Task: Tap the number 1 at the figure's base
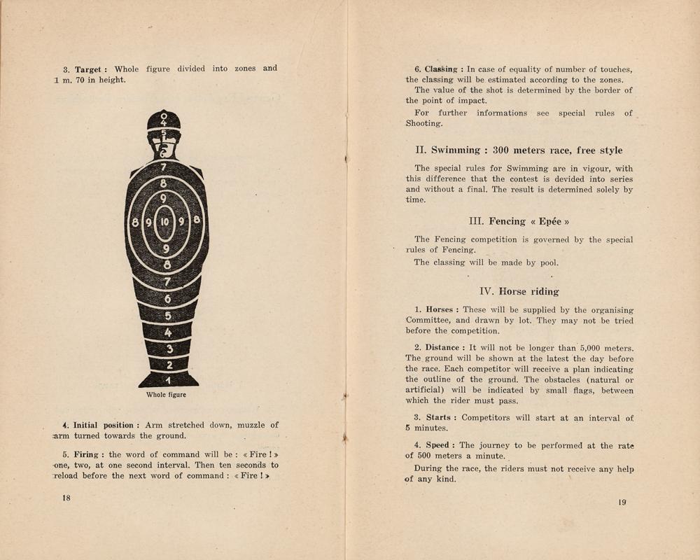click(x=167, y=379)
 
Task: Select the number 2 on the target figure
click(x=167, y=365)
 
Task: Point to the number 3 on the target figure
click(x=167, y=349)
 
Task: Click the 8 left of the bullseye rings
click(x=134, y=222)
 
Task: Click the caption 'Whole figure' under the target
click(x=166, y=395)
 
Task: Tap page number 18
click(x=66, y=497)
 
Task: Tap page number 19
click(x=622, y=501)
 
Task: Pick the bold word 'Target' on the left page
click(x=89, y=69)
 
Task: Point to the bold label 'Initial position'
click(x=102, y=425)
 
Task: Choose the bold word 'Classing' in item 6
click(x=440, y=69)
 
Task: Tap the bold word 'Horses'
click(x=439, y=309)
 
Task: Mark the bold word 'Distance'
click(x=442, y=348)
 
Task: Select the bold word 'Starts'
click(x=437, y=417)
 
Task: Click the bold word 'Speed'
click(x=437, y=445)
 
